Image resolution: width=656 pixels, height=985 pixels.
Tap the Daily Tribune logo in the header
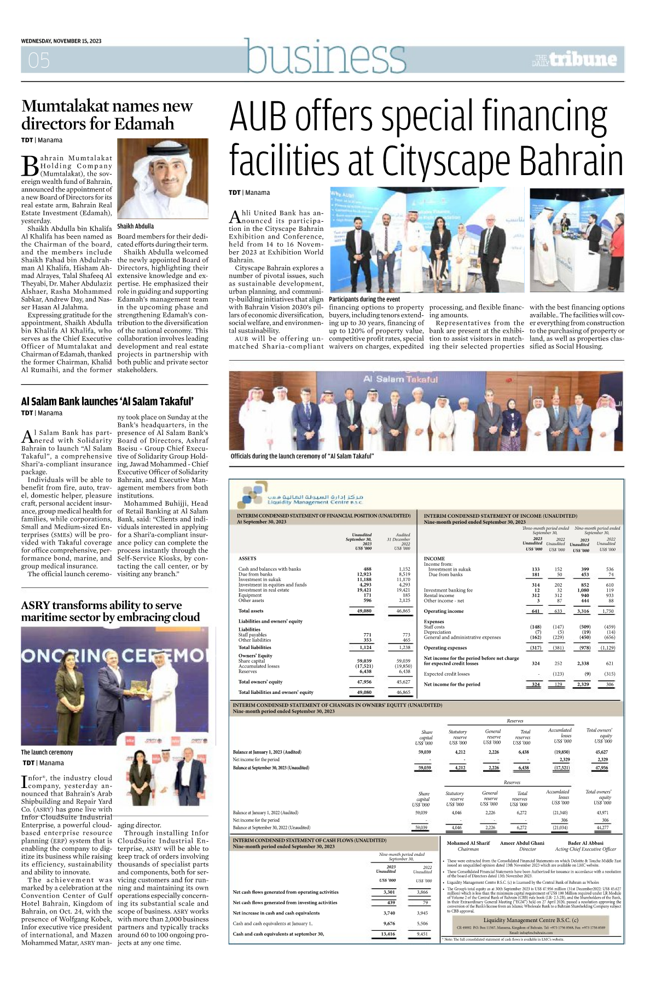[575, 59]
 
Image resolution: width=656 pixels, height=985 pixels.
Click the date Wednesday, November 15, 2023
[61, 41]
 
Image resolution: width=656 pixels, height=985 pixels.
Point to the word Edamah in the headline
[148, 124]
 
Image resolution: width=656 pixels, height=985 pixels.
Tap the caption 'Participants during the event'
[364, 299]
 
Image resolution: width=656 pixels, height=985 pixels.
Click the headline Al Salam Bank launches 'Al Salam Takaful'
[107, 401]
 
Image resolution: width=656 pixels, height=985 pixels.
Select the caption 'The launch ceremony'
[47, 752]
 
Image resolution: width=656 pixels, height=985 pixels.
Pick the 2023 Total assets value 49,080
[364, 611]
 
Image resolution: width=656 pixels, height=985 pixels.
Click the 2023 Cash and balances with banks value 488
[368, 569]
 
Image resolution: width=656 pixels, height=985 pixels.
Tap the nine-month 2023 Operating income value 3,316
[582, 611]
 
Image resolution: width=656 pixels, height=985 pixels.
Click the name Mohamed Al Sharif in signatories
[468, 843]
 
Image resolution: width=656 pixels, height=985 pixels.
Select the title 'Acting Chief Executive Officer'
[585, 849]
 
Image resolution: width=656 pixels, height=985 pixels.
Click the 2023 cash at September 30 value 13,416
[387, 934]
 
